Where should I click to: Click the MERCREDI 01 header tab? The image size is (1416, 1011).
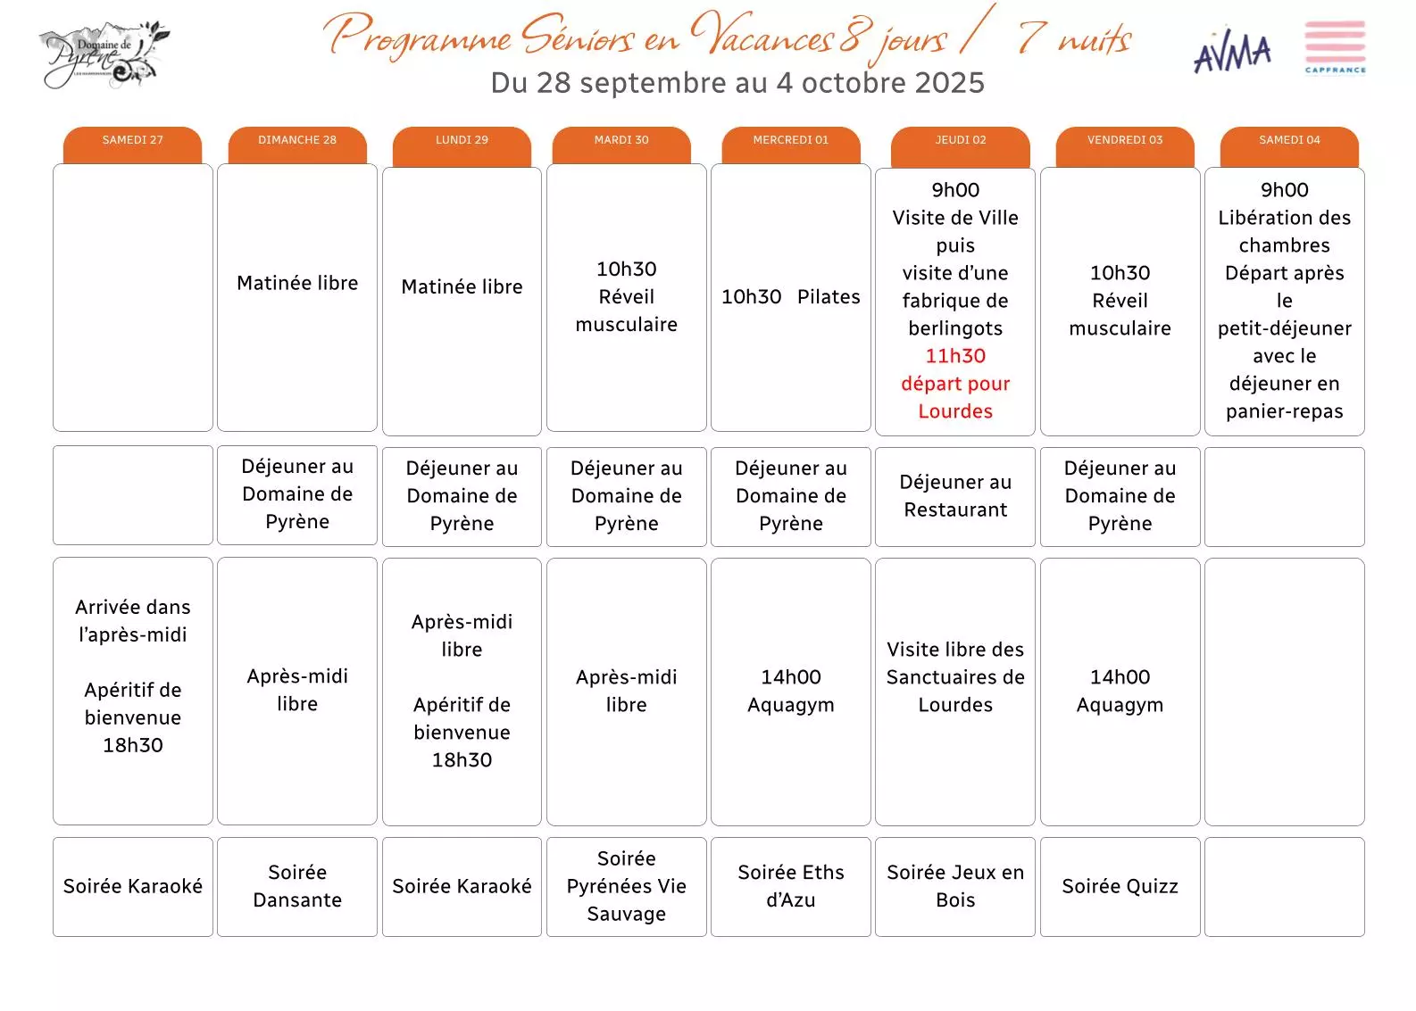tap(790, 141)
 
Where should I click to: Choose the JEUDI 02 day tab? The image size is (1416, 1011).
tap(960, 141)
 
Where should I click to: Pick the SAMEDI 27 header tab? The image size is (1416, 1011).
tap(132, 141)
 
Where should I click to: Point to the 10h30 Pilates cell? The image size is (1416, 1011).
tap(790, 297)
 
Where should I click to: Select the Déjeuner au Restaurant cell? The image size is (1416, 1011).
tap(955, 496)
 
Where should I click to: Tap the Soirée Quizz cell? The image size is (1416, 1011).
tap(1120, 886)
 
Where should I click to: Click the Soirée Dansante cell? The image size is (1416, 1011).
tap(297, 886)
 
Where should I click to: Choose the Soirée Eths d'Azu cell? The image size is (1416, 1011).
tap(790, 886)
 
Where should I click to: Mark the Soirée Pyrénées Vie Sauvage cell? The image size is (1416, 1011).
tap(626, 886)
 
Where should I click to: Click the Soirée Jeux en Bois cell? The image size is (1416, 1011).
tap(955, 886)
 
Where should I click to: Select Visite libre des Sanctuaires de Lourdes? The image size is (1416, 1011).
tap(955, 677)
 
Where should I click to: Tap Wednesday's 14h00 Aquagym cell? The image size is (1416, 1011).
tap(790, 691)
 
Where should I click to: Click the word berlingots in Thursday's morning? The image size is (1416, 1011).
tap(955, 328)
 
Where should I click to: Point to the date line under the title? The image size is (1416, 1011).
tap(737, 83)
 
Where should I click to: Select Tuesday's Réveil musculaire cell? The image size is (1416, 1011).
tap(626, 297)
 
